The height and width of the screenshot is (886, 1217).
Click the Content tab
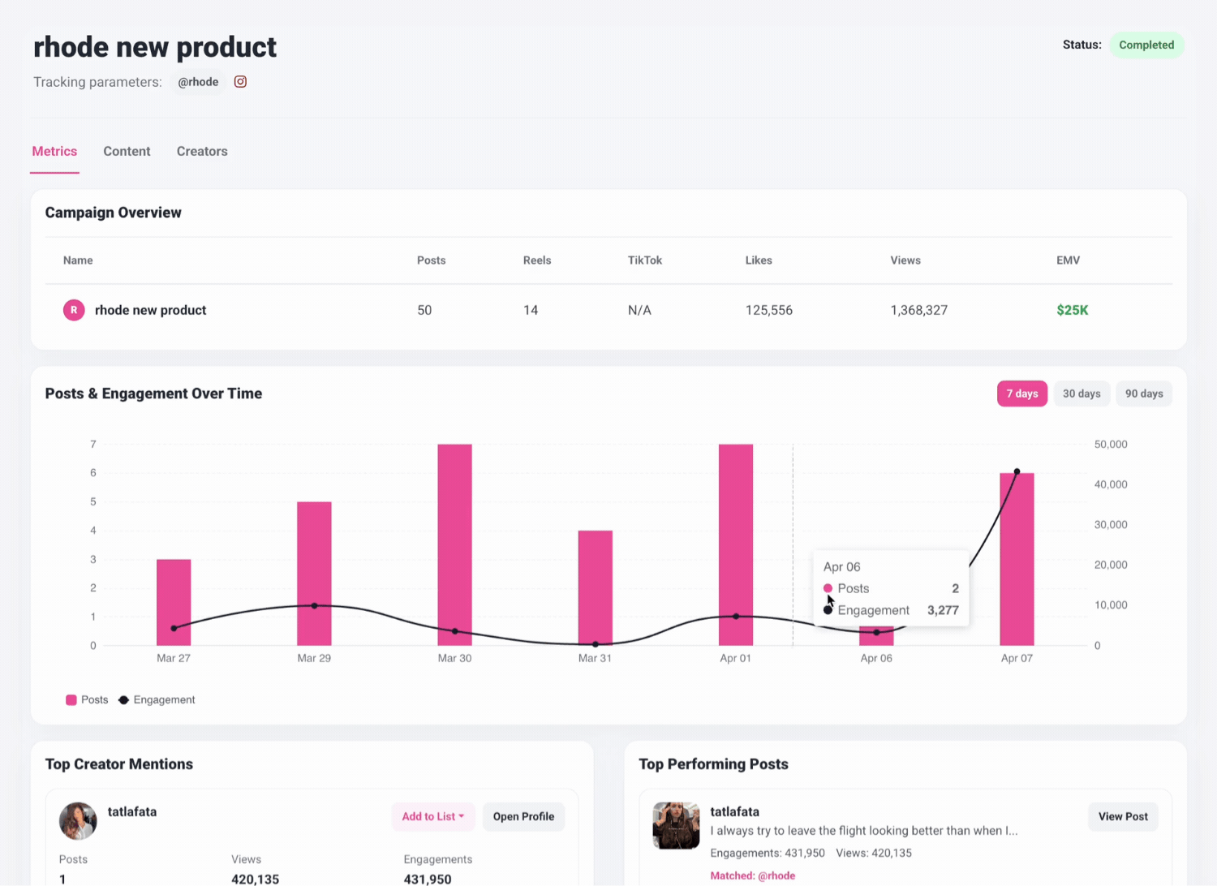point(127,151)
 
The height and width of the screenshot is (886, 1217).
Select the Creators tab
point(202,151)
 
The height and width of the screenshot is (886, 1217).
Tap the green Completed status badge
point(1146,45)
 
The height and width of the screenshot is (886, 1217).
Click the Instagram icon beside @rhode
point(240,81)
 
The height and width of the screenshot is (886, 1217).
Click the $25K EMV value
point(1072,310)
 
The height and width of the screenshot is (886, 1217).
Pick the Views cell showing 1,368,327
point(918,310)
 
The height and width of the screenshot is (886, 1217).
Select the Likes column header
point(759,260)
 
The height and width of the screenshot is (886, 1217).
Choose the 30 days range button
point(1082,394)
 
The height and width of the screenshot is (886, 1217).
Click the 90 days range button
point(1143,394)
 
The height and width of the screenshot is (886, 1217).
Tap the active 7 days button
point(1021,394)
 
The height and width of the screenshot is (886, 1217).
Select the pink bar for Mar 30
point(454,544)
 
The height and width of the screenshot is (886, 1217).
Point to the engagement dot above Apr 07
point(1017,471)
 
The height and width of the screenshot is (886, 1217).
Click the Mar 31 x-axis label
point(595,658)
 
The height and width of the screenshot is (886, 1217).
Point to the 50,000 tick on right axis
point(1110,445)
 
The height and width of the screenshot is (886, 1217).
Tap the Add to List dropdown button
point(432,816)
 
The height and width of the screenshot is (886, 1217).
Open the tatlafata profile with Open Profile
point(523,816)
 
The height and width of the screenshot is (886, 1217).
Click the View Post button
point(1123,816)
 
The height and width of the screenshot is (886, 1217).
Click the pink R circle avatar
point(74,310)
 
